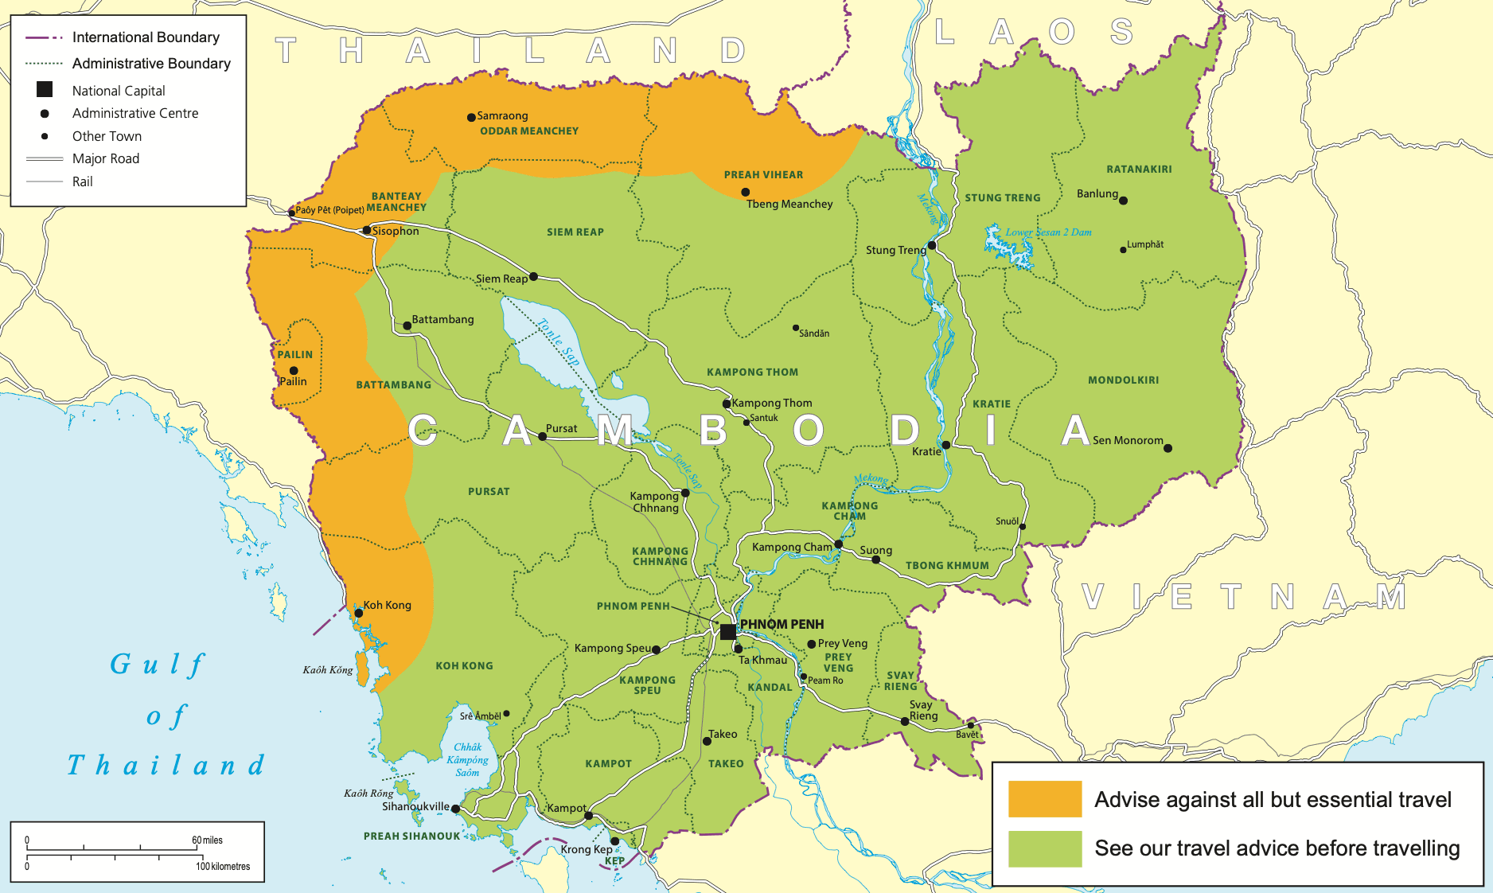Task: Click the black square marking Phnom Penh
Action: tap(727, 631)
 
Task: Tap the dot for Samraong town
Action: tap(471, 117)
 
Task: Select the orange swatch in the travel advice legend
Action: tap(1044, 798)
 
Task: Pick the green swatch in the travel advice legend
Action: tap(1044, 848)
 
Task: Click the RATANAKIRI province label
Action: tap(1139, 169)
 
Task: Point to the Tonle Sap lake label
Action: tap(558, 342)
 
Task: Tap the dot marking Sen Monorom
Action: tap(1168, 448)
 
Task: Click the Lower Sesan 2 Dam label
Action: tap(1048, 232)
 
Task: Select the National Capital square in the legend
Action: tap(45, 90)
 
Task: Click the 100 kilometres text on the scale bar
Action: tap(223, 866)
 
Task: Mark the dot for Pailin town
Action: tap(294, 370)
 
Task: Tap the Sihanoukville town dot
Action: tap(455, 809)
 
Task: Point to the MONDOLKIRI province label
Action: tap(1123, 380)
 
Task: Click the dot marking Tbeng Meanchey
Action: tap(745, 192)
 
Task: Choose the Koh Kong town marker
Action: tap(358, 613)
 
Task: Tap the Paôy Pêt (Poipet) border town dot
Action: tap(291, 213)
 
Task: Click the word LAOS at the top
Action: tap(1033, 33)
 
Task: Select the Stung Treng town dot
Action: tap(932, 245)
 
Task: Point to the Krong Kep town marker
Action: tap(614, 841)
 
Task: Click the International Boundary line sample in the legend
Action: tap(44, 37)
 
